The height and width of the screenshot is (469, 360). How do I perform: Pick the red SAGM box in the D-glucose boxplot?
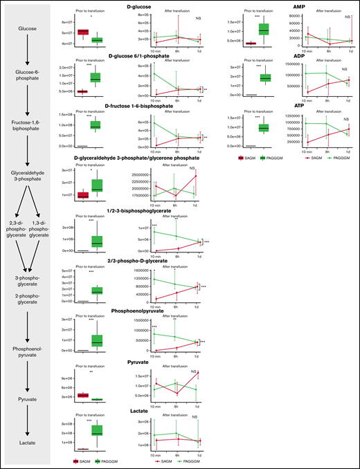(82, 32)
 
